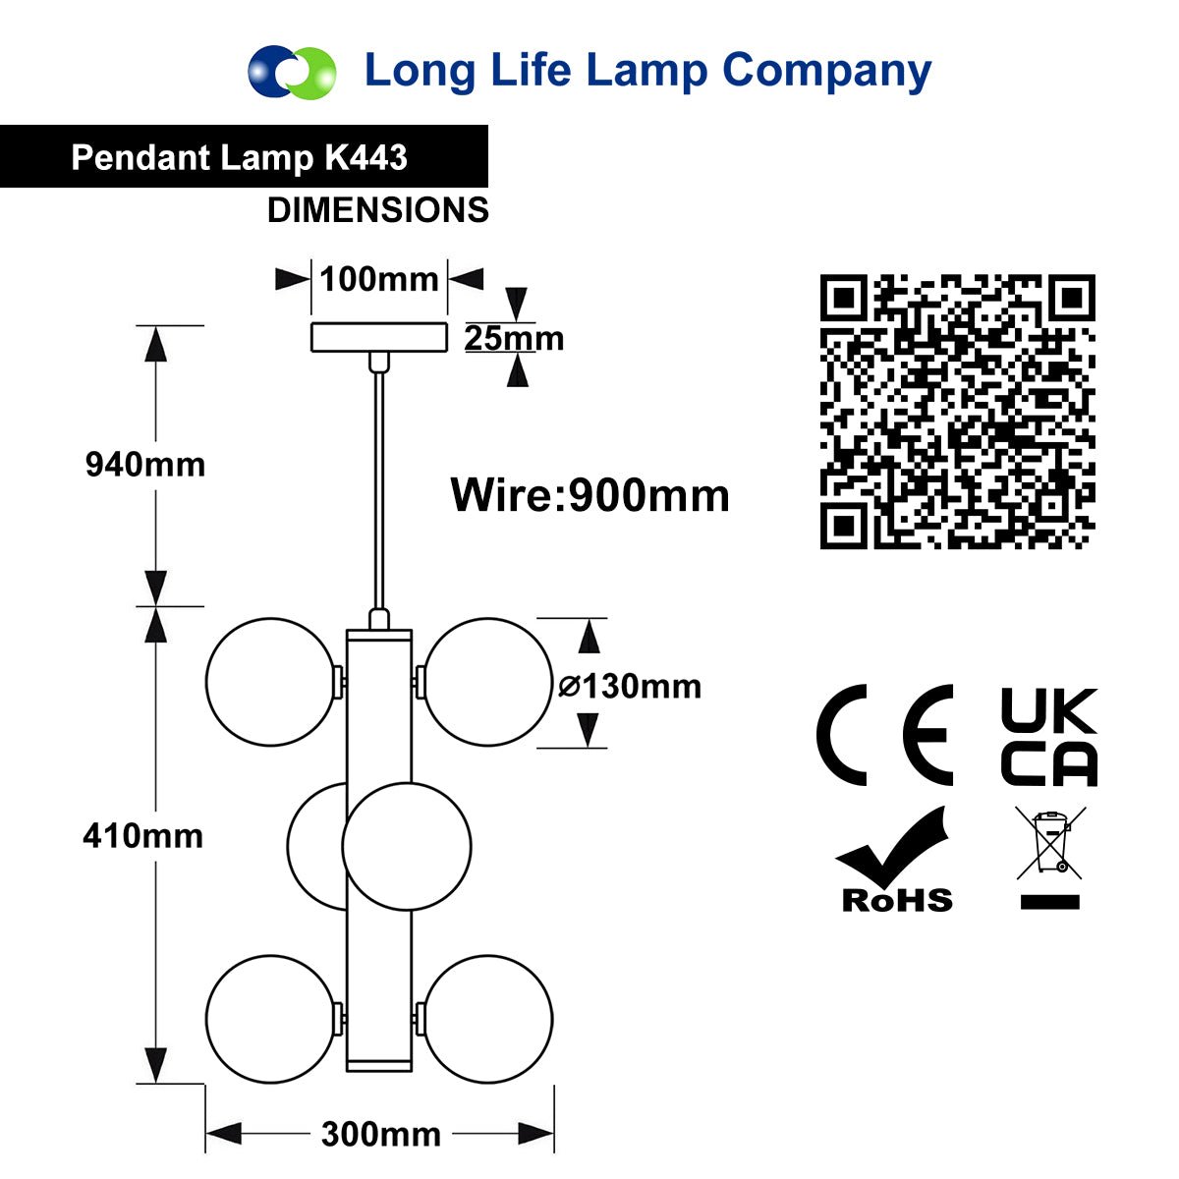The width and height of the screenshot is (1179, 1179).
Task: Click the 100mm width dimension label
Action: coord(378,280)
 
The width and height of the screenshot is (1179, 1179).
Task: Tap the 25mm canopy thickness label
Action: coord(514,338)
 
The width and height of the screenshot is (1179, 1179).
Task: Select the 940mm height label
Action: coord(145,465)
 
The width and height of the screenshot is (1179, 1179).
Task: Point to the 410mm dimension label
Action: coord(143,836)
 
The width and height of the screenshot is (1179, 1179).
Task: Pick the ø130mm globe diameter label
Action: coord(630,686)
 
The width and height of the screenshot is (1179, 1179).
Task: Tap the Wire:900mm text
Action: coord(589,494)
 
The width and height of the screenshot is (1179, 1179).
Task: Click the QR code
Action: coord(958,412)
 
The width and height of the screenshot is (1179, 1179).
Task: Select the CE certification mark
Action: coord(884,735)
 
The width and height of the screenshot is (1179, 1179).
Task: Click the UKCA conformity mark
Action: coord(1048,737)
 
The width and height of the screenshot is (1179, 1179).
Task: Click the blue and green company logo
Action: coord(292,72)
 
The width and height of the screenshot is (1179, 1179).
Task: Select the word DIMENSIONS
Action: coord(378,210)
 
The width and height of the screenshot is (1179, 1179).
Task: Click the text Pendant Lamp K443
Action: coord(239,157)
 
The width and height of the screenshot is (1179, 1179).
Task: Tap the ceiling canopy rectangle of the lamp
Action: coord(378,337)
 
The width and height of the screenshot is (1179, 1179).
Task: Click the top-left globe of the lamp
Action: coord(271,682)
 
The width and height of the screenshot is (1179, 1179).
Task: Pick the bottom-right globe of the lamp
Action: coord(488,1019)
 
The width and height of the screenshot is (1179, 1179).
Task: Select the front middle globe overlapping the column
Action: coord(407,846)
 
